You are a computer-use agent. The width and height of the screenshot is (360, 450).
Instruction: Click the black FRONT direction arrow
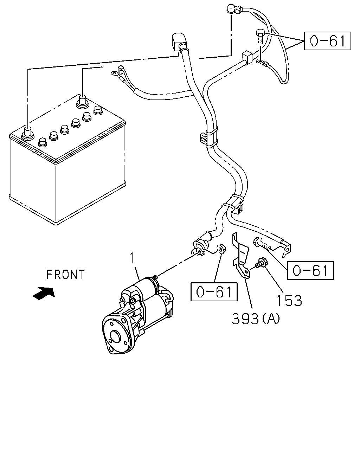tap(44, 293)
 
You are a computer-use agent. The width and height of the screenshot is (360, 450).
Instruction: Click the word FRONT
tap(65, 275)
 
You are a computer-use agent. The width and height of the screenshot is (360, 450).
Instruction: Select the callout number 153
tap(289, 301)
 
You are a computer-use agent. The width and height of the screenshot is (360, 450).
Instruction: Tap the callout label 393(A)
tap(256, 319)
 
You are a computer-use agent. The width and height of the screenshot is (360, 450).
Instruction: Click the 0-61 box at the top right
tap(327, 41)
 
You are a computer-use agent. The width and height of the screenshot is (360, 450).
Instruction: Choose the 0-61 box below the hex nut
tap(214, 292)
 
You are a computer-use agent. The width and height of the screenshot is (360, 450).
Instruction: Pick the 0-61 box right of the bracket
tap(310, 270)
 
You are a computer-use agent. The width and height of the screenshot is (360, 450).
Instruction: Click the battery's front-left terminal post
tap(28, 133)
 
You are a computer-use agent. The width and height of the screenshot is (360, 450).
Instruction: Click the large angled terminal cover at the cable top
tap(178, 41)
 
